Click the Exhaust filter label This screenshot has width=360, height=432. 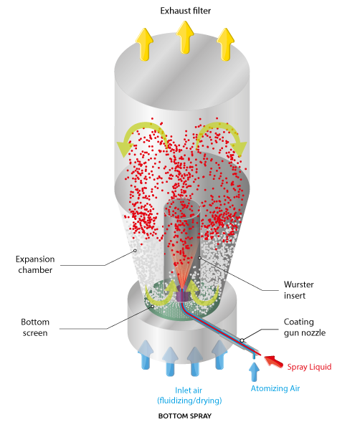(x=186, y=11)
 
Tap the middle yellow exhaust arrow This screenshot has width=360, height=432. (x=185, y=37)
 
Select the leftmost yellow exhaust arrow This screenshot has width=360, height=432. (x=144, y=44)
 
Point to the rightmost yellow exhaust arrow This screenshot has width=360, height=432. (x=226, y=44)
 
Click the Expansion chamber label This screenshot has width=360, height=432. (x=35, y=264)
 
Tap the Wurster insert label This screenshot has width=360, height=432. (x=299, y=290)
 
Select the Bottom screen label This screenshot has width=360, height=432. (x=35, y=327)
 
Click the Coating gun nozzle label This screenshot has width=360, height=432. (x=305, y=327)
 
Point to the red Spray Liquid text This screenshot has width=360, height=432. (x=309, y=367)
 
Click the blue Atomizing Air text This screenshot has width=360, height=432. (x=275, y=388)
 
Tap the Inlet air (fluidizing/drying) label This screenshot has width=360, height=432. (x=189, y=395)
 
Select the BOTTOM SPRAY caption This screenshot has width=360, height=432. (x=185, y=416)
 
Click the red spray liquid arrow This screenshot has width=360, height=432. (x=274, y=362)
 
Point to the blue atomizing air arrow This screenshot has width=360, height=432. (x=255, y=371)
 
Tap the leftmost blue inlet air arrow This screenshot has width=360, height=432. (x=146, y=355)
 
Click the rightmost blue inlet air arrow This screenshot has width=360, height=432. (x=219, y=355)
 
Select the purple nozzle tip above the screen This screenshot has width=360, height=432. (x=182, y=294)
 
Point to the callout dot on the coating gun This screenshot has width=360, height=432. (x=242, y=340)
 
